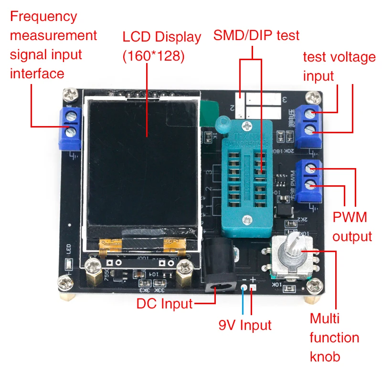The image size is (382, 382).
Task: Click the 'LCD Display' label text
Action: (161, 37)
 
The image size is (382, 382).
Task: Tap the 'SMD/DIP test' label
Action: (256, 35)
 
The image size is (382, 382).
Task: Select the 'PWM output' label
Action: (352, 226)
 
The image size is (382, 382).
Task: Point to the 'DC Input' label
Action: (164, 303)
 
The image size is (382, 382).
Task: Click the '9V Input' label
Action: (244, 326)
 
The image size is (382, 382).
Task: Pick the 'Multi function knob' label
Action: (334, 337)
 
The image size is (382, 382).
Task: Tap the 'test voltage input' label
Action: (339, 66)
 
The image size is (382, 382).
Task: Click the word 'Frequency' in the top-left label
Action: (43, 17)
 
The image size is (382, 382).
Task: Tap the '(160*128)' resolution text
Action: (153, 56)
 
